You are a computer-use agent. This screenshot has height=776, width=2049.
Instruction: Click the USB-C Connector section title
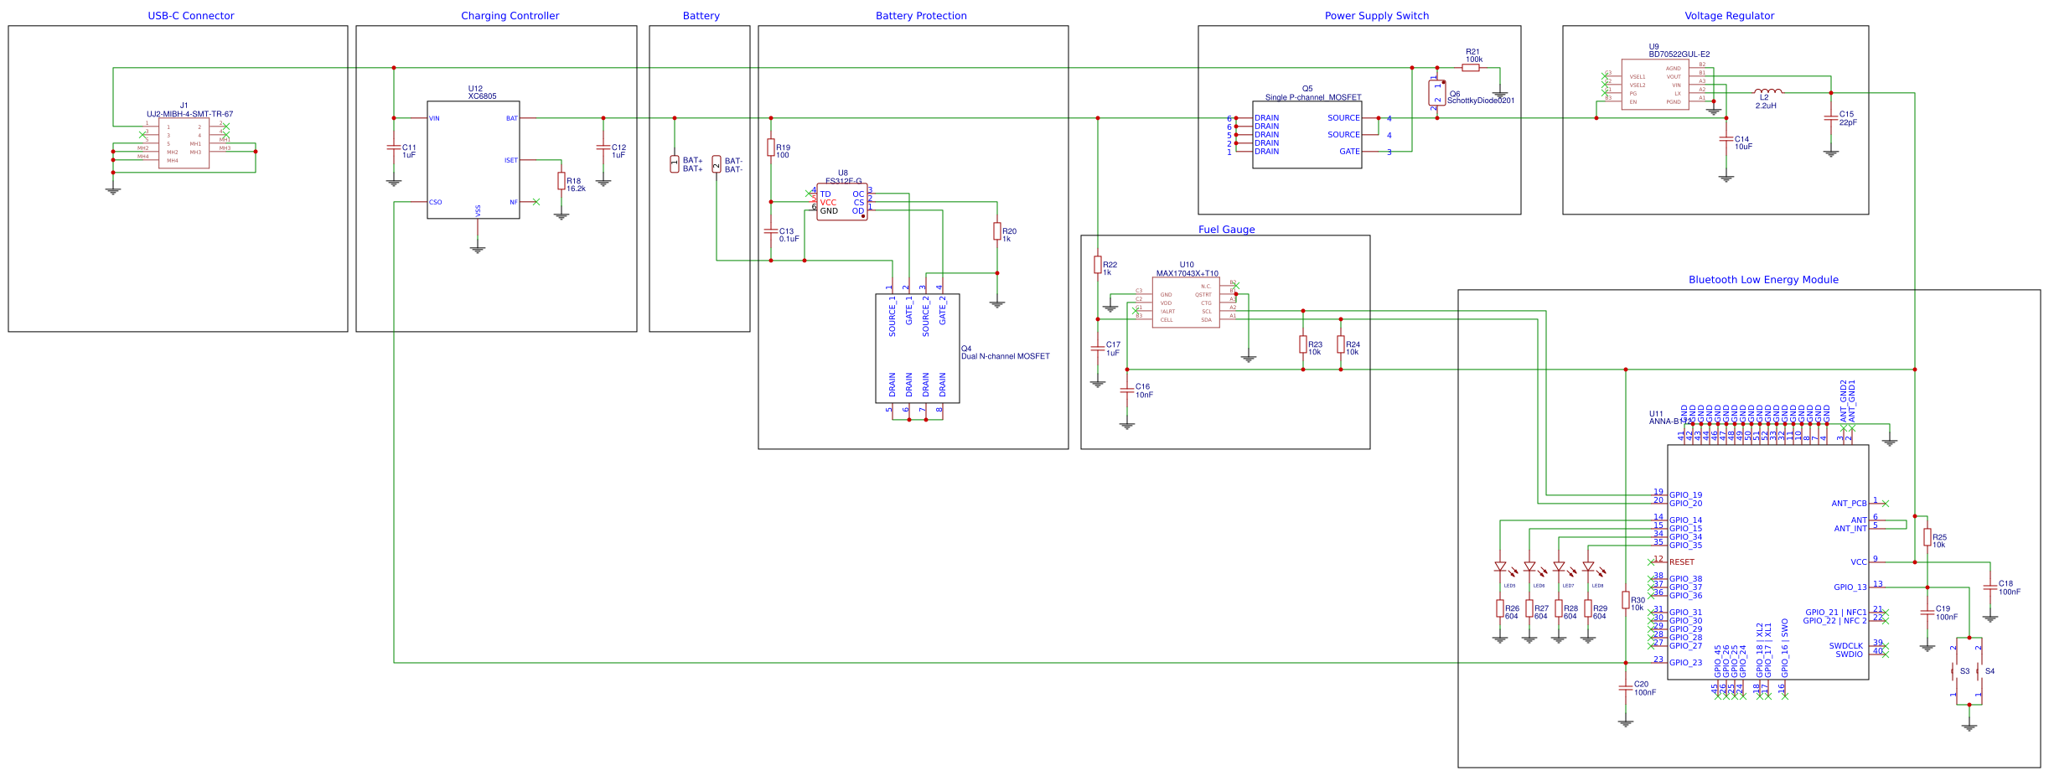(190, 16)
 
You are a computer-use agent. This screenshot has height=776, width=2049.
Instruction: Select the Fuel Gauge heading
(1226, 230)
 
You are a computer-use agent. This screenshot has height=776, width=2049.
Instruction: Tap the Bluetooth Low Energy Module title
(1763, 280)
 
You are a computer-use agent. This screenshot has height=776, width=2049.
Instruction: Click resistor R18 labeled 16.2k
(561, 181)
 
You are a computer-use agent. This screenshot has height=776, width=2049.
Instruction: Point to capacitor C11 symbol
(394, 147)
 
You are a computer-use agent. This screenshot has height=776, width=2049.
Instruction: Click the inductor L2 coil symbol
(1767, 91)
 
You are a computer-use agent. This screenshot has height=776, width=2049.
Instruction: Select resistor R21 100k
(1471, 68)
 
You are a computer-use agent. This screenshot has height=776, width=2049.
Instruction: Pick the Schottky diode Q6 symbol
(1436, 93)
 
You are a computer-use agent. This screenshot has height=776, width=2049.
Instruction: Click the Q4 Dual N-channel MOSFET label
(1004, 353)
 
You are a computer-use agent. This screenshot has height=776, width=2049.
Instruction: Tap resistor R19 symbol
(771, 147)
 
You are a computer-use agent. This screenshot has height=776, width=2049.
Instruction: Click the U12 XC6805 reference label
(482, 92)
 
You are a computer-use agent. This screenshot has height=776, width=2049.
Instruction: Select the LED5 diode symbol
(1500, 567)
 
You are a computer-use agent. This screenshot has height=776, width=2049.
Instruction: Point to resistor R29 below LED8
(1588, 608)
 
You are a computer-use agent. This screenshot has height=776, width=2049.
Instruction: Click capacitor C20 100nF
(1626, 688)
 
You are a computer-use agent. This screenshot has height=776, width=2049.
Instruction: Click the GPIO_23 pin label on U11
(1685, 663)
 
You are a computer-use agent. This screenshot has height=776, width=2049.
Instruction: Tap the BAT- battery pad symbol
(717, 164)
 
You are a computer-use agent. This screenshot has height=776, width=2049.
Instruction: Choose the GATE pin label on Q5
(1349, 152)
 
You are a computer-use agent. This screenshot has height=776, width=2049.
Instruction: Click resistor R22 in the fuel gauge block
(1098, 265)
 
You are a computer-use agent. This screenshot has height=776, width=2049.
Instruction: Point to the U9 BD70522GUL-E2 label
(1679, 51)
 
